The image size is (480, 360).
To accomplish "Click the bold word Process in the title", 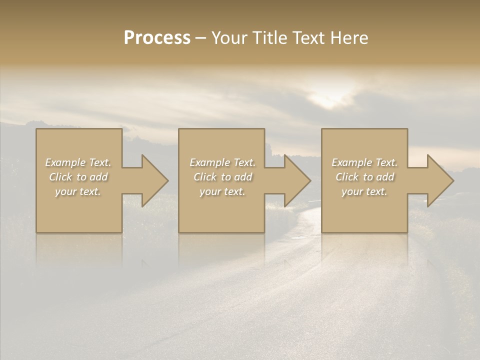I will (x=157, y=38).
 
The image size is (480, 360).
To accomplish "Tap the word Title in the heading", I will (x=269, y=38).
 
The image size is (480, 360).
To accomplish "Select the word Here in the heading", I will (x=349, y=38).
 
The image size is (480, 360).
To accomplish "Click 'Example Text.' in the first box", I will (x=78, y=162).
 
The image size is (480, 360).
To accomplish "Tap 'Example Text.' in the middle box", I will (x=222, y=162).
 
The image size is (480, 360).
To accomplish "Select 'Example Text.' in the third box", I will (x=364, y=162).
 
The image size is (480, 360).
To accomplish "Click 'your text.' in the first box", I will (x=78, y=191).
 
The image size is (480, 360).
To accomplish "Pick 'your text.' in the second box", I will (x=222, y=191).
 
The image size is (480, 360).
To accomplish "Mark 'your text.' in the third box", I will (x=364, y=191).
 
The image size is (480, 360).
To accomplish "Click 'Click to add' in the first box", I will (x=78, y=177).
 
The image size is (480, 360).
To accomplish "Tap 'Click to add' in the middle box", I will (x=222, y=177).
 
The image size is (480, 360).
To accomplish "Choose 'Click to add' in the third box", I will (x=364, y=177).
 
